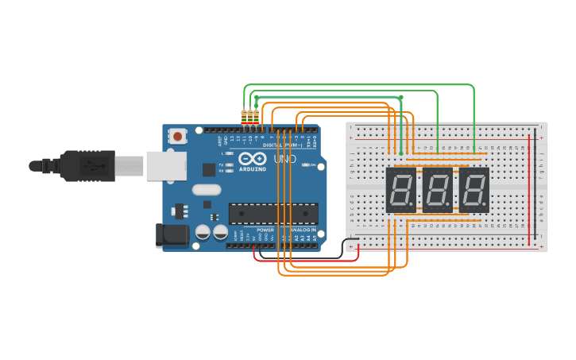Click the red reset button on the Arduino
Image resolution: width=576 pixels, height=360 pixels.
(177, 137)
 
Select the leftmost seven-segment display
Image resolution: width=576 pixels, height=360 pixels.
(401, 191)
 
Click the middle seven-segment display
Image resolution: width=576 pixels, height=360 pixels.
(438, 191)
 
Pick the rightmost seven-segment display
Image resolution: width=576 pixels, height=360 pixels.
(474, 191)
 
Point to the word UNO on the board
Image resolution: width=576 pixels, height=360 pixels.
(284, 159)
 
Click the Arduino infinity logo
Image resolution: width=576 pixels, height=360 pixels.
(253, 158)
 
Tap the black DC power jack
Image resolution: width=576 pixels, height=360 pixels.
(172, 234)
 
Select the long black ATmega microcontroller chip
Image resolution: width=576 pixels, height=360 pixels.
(273, 213)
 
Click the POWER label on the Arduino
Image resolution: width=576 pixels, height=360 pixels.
(265, 230)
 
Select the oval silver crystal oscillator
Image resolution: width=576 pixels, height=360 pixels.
(206, 190)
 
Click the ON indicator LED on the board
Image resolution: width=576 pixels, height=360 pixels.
(303, 165)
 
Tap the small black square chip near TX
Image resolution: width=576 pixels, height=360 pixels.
(209, 169)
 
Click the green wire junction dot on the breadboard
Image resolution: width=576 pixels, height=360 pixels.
(400, 153)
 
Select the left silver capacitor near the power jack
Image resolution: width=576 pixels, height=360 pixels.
(203, 232)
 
